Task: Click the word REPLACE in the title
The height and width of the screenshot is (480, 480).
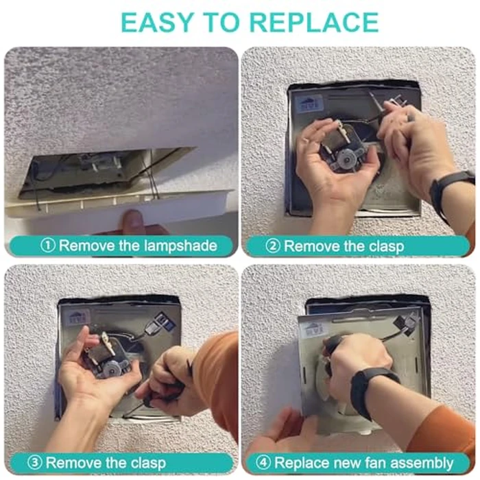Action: [314, 22]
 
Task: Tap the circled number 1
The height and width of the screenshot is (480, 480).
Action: [48, 245]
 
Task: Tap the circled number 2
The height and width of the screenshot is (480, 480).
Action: [273, 245]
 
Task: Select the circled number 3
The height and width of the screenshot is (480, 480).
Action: [34, 462]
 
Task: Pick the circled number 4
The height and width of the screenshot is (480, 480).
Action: [263, 462]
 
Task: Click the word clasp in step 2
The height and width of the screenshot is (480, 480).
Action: [386, 247]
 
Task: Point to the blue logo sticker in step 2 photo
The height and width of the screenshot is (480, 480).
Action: [311, 104]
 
